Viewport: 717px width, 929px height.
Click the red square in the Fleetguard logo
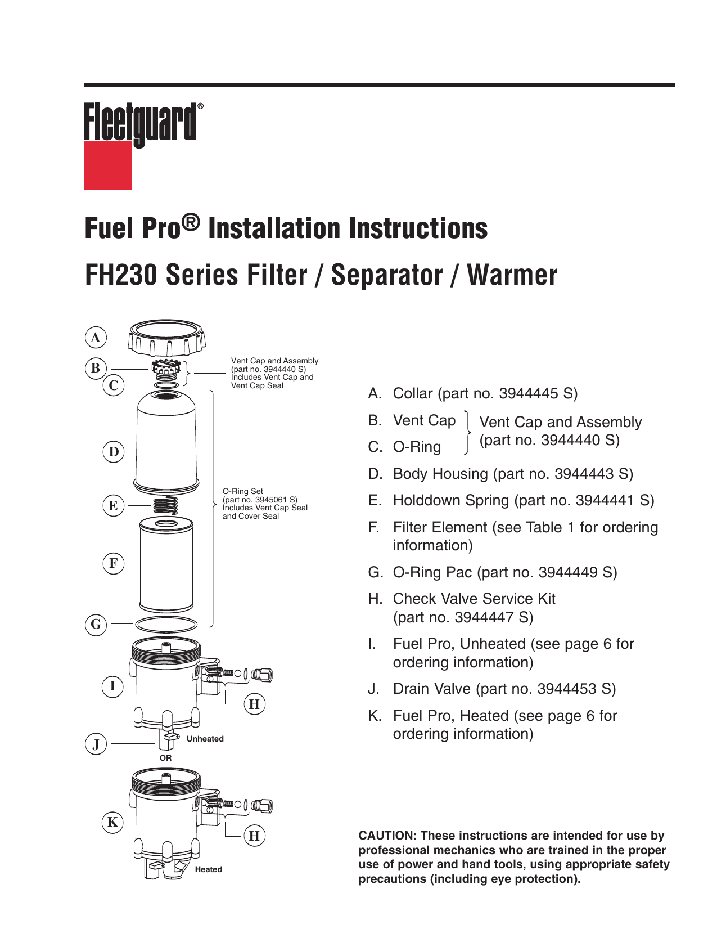(108, 166)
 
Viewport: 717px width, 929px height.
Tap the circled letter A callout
(96, 338)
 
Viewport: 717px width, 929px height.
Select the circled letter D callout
(114, 452)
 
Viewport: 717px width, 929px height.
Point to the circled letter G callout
(96, 624)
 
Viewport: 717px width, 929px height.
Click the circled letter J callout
(96, 744)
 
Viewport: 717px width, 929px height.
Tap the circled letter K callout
(112, 822)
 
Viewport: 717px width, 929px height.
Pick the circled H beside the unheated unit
(254, 704)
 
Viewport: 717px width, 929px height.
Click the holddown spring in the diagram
(166, 505)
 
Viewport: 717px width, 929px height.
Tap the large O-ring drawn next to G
(166, 624)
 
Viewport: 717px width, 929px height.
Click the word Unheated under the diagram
(205, 739)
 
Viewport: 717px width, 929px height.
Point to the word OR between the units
(165, 758)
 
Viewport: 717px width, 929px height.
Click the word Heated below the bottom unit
(208, 869)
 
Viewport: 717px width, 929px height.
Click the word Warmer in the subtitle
(512, 275)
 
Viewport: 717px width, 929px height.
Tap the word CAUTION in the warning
(385, 836)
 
